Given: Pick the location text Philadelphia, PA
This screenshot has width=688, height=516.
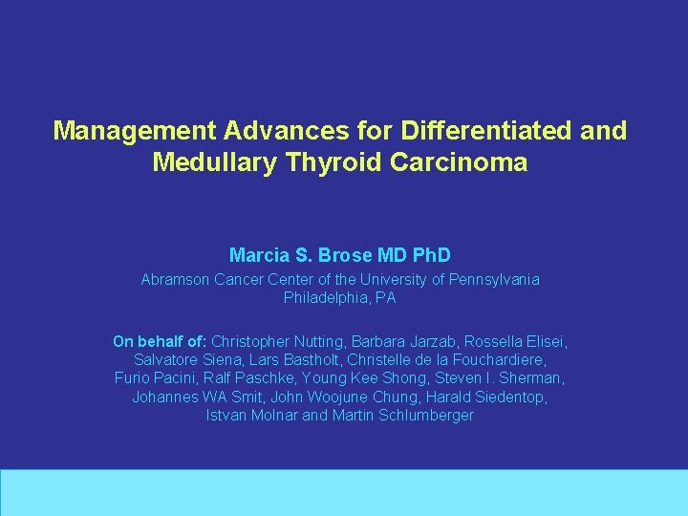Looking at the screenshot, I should pyautogui.click(x=339, y=298).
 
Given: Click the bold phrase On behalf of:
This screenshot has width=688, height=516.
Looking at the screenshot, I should pyautogui.click(x=160, y=341).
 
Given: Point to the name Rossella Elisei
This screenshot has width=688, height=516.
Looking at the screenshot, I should pyautogui.click(x=515, y=341).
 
